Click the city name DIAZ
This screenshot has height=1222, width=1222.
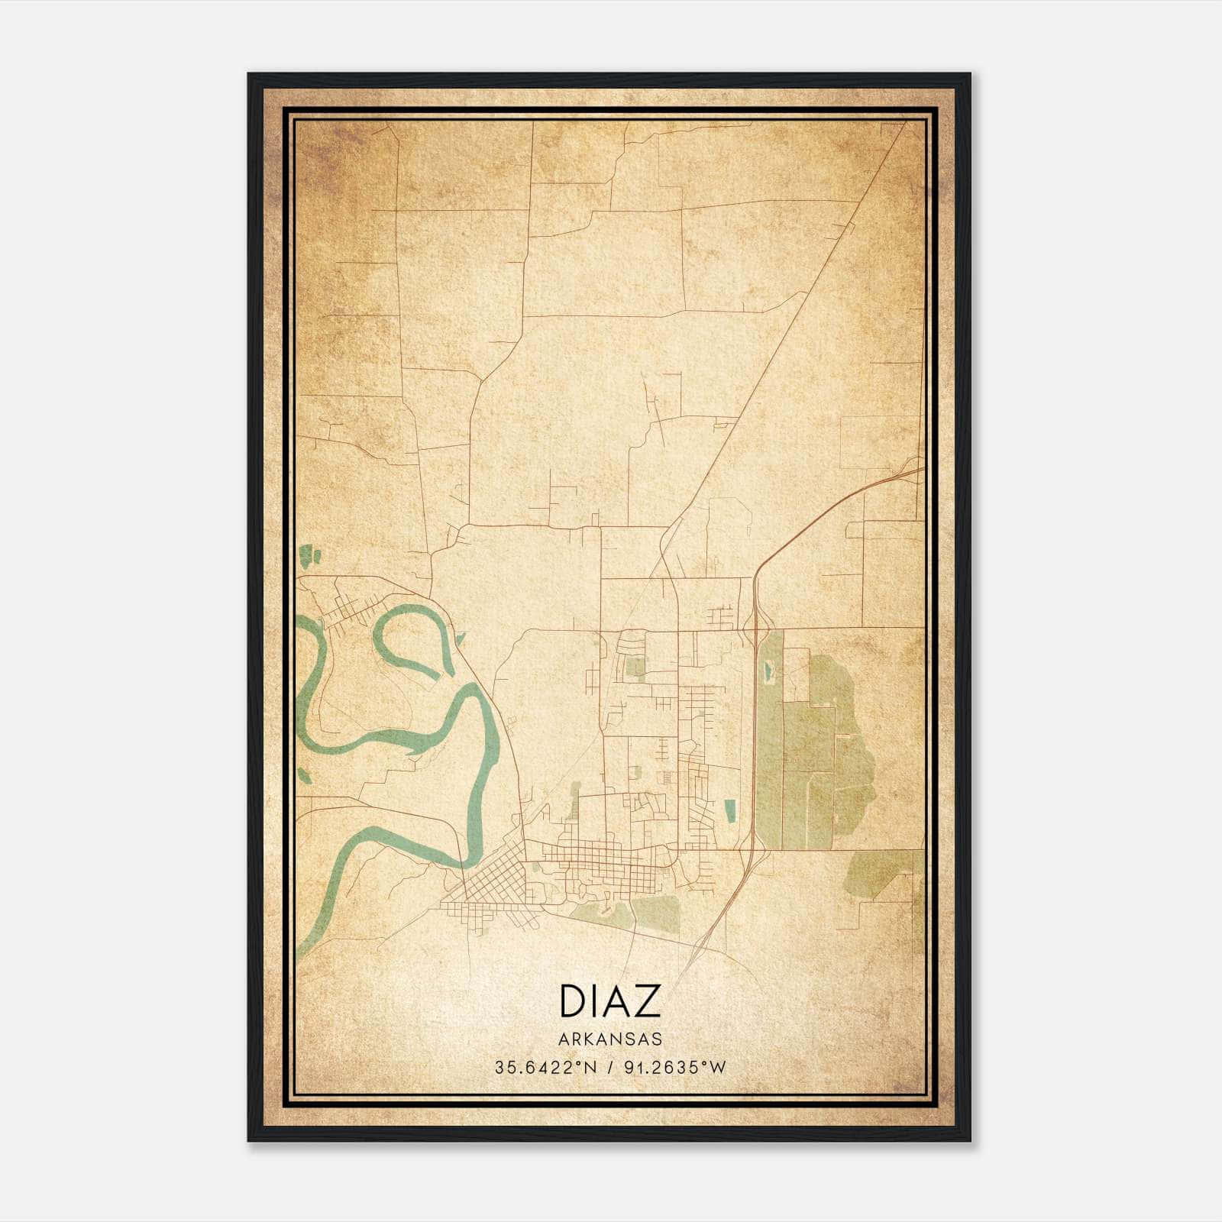pyautogui.click(x=609, y=1001)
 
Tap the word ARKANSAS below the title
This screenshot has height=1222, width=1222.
pyautogui.click(x=609, y=1039)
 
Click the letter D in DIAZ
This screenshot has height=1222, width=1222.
pyautogui.click(x=572, y=1001)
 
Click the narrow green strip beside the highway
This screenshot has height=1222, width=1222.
pyautogui.click(x=770, y=748)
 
